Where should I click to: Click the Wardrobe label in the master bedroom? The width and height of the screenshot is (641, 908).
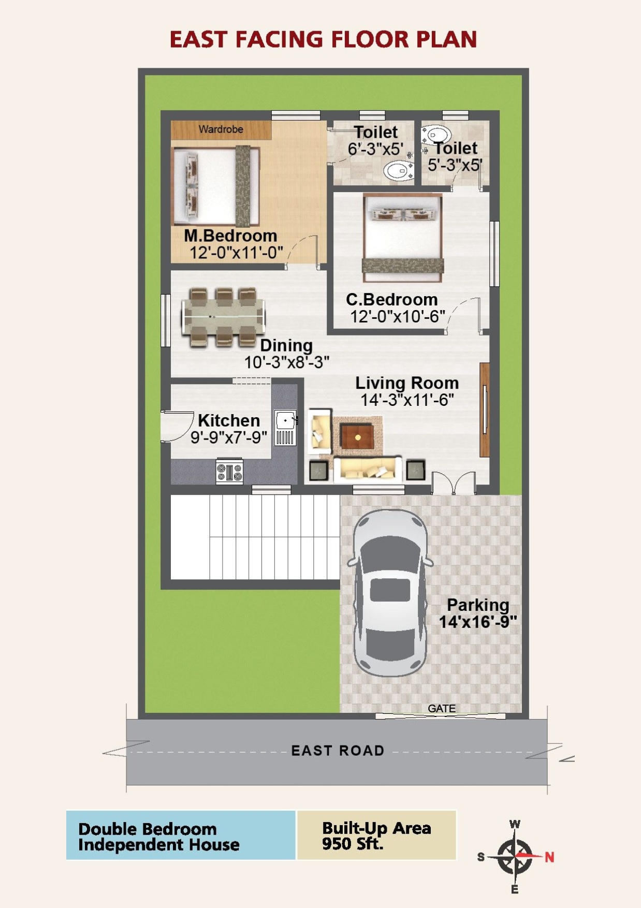tap(221, 129)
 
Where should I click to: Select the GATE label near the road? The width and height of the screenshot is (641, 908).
tap(442, 709)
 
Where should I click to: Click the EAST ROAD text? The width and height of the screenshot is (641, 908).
tap(338, 751)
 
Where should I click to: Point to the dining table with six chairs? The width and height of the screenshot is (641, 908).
tap(224, 317)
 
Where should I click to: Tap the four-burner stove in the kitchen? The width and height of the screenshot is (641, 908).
tap(229, 471)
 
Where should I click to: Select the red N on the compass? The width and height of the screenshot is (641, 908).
tap(549, 857)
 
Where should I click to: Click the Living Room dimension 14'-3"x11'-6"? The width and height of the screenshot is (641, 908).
tap(407, 400)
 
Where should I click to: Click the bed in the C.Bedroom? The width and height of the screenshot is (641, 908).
tap(403, 238)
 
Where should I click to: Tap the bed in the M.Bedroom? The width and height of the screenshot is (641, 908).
tap(216, 186)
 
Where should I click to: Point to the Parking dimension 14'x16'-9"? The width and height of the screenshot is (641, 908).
tap(478, 622)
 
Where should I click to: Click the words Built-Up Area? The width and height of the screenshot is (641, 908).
tap(376, 828)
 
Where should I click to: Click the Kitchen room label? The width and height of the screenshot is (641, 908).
tap(229, 420)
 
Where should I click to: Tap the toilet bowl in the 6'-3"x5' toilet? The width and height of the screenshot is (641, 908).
tap(397, 170)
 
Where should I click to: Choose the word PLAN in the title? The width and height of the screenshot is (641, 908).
tap(447, 40)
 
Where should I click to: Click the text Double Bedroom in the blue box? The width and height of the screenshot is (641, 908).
tap(148, 829)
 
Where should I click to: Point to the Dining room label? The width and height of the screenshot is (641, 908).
tap(286, 345)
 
